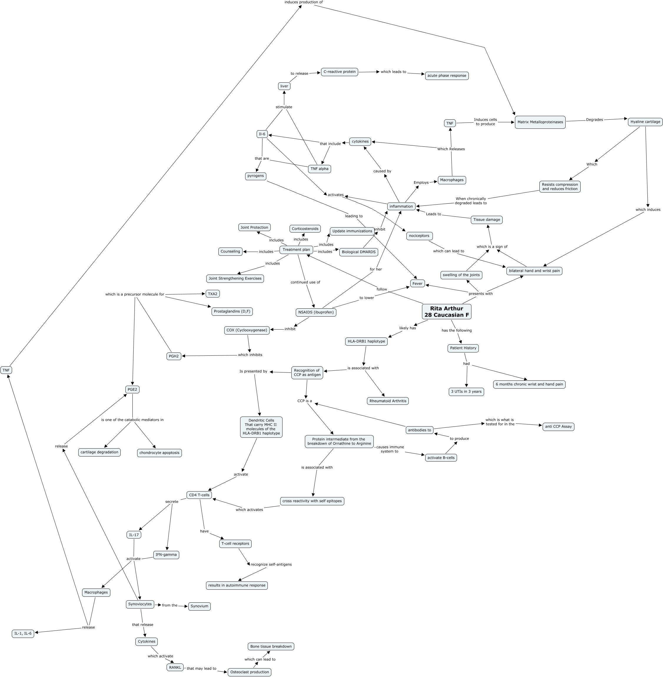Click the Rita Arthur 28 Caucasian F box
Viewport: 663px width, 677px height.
446,312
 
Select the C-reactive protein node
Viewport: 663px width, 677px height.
340,72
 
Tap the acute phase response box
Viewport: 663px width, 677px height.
447,76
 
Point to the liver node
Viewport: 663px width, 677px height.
284,86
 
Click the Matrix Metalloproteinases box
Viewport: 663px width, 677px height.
540,122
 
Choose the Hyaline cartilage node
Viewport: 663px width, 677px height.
645,122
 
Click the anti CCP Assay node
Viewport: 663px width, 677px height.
558,427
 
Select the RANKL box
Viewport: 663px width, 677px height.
175,667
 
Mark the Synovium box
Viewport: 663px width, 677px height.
200,606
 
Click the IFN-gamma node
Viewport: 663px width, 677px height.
166,554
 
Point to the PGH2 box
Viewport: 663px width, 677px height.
174,356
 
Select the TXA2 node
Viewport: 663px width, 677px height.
212,294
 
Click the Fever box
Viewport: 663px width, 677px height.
417,284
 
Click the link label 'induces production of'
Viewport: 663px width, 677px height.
303,2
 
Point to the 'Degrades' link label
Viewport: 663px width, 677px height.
594,120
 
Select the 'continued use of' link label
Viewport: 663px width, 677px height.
305,282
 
